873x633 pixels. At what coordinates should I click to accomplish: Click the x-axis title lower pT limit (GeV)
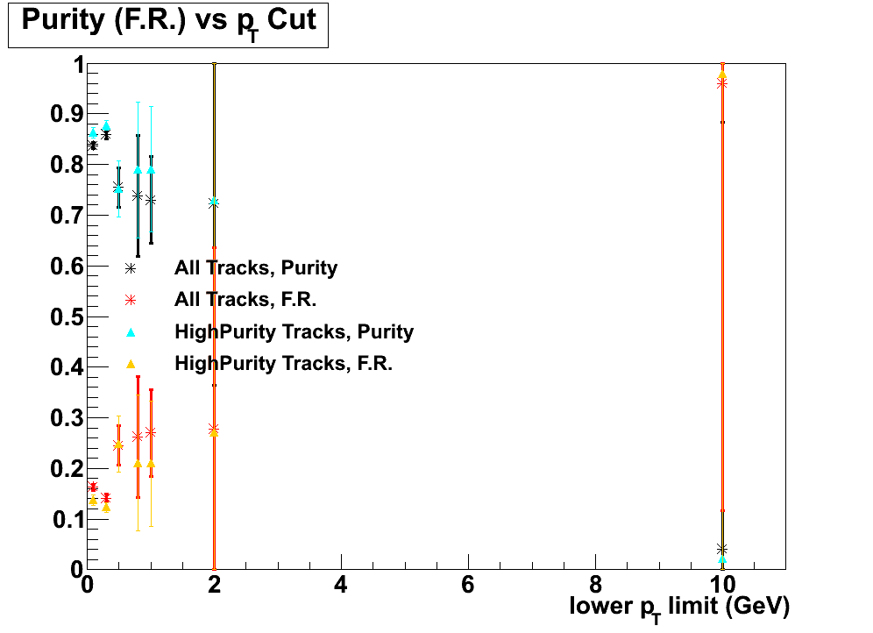(680, 607)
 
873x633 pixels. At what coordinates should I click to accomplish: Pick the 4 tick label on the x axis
(340, 585)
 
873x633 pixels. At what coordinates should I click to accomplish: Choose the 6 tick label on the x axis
(468, 585)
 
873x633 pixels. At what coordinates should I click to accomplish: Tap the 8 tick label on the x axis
(595, 585)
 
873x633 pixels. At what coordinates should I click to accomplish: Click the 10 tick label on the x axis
(721, 585)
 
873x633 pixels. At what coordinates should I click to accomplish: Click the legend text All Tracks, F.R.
(245, 300)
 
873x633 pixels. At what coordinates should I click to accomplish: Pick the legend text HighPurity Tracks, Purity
(294, 332)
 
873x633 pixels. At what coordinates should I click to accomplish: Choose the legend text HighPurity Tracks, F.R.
(283, 364)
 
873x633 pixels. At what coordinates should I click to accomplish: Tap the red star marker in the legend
(131, 300)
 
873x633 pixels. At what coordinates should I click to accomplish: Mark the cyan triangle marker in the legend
(131, 331)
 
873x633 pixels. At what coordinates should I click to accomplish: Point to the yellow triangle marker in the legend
(131, 363)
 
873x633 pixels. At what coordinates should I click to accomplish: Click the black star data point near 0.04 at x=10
(722, 549)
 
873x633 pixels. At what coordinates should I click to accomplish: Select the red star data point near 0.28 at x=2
(214, 428)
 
